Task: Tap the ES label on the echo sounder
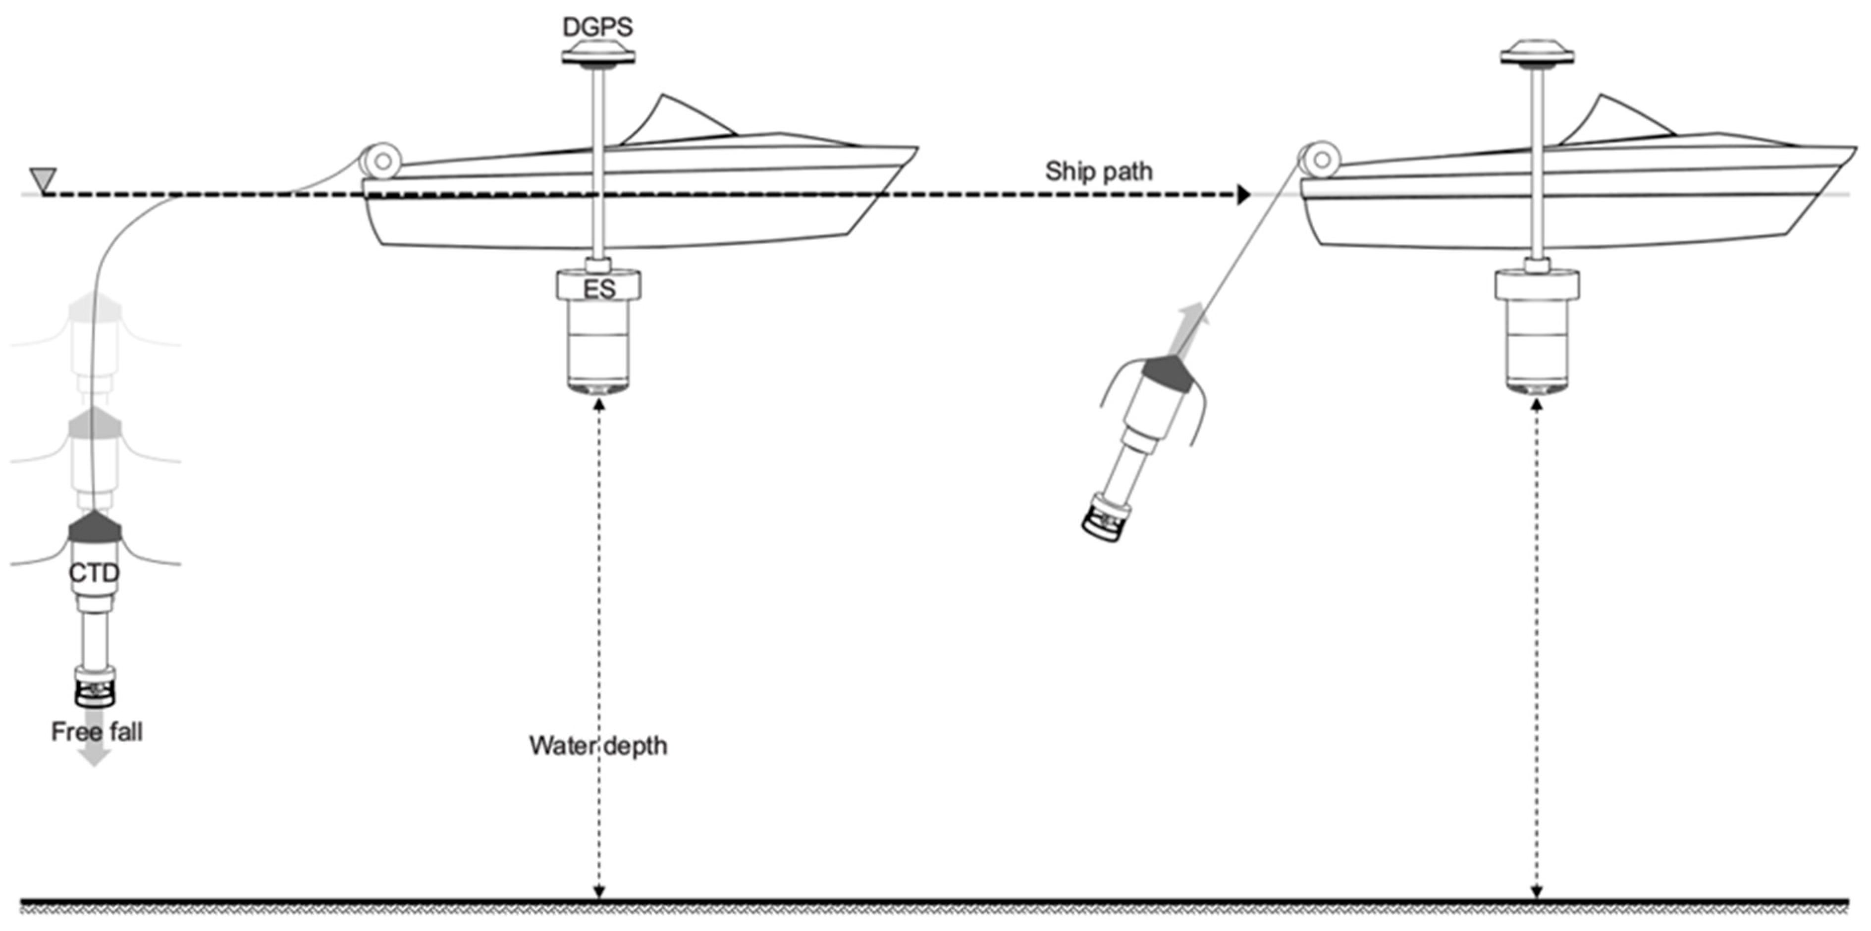[599, 289]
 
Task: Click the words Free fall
[97, 731]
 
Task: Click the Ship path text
[1098, 171]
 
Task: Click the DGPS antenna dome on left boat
[598, 53]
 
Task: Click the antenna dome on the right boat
[1536, 53]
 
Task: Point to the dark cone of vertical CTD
[95, 527]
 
